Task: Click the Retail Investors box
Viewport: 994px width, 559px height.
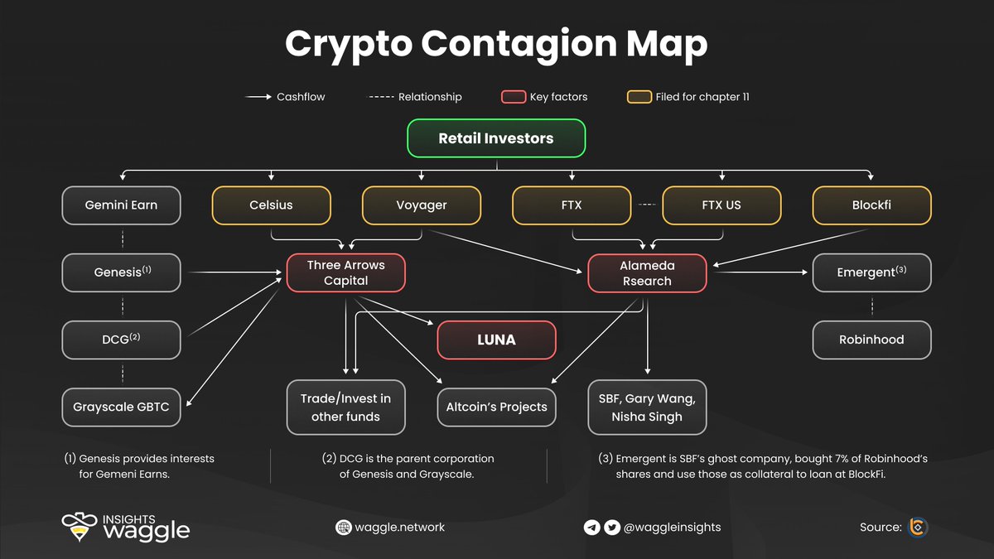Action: (496, 138)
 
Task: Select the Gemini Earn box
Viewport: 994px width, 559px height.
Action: (121, 205)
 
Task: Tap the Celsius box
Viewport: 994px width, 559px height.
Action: (272, 205)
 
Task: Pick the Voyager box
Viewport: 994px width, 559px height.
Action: (422, 205)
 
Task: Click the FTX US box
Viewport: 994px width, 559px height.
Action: (721, 205)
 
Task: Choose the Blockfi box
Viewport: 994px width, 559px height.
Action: (871, 205)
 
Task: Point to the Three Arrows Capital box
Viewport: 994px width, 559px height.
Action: (345, 272)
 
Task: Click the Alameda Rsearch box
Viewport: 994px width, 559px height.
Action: (647, 272)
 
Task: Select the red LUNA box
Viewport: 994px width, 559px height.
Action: (496, 340)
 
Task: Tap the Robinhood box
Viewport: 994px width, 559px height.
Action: (871, 340)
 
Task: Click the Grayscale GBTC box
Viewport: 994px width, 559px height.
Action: (121, 407)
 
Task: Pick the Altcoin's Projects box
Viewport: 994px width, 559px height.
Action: (496, 407)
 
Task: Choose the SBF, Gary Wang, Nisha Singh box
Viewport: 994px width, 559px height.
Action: (647, 407)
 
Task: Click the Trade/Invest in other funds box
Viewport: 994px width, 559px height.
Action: (345, 407)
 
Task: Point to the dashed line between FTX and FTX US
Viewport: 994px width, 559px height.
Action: (646, 205)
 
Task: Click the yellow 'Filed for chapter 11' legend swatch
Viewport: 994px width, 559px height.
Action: (639, 97)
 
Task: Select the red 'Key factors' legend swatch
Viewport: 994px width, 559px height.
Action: (513, 97)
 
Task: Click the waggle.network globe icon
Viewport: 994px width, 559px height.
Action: (343, 528)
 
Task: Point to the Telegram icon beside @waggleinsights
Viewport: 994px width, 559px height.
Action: (591, 528)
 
